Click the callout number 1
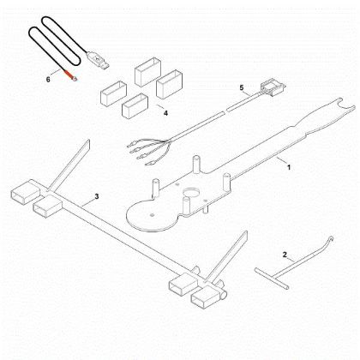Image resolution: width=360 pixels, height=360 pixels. pos(289,167)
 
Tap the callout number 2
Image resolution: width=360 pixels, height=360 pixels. pos(285,255)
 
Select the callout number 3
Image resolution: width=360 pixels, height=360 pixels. pos(97,196)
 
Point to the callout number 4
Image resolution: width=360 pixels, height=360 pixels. pos(165,113)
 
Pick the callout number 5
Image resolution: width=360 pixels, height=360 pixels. pos(242,87)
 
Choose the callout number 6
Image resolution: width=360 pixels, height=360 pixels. pos(48,80)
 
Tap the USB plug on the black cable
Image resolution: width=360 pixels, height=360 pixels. pos(98,59)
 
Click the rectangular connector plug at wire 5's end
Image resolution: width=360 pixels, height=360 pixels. pos(273,88)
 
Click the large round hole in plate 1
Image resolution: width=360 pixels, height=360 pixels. pos(191,192)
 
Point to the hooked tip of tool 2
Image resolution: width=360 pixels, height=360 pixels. pos(331,239)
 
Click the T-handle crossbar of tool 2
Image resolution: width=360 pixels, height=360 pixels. pos(272,278)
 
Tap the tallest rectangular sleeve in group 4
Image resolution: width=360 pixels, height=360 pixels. pos(147,72)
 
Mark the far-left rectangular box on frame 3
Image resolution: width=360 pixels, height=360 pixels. pos(25,192)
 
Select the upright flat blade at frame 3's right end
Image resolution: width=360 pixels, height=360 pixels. pos(227,255)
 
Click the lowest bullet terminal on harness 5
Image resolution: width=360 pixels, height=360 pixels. pos(150,164)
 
